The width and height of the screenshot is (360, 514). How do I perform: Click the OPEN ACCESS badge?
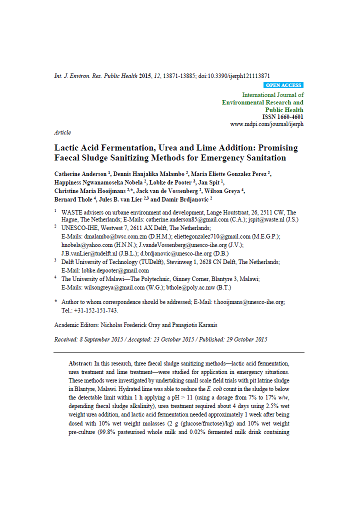coord(283,85)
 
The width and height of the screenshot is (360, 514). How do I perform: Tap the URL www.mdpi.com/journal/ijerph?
coord(266,124)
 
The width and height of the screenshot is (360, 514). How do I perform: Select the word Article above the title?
coord(62,132)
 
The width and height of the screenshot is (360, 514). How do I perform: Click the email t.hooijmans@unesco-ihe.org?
coord(249,302)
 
